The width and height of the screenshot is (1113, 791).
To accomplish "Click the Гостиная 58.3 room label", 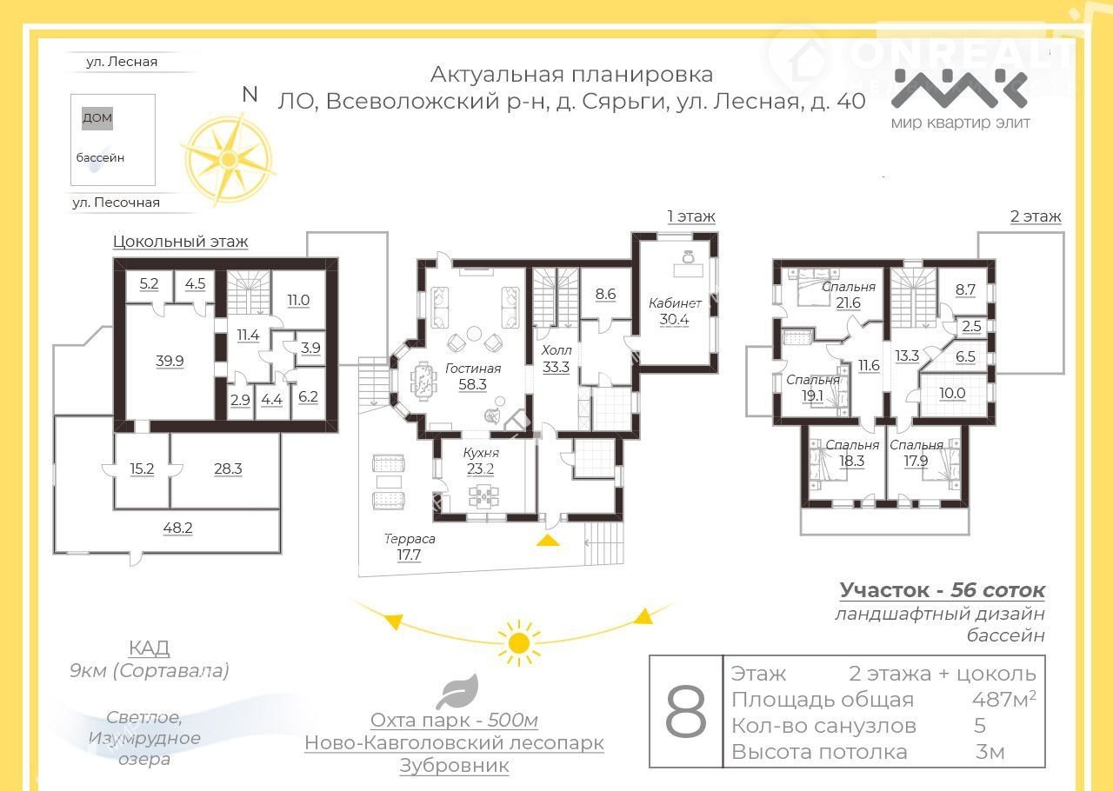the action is tap(472, 376).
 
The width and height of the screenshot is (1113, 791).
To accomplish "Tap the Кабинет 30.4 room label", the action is tap(675, 311).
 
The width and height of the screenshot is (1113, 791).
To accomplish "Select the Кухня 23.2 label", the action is tap(481, 461).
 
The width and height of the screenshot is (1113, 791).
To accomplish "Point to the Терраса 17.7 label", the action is tap(410, 547).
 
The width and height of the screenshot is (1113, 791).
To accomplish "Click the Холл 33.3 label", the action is tap(556, 359).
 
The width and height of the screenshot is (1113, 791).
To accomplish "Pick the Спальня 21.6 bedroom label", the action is tap(848, 295).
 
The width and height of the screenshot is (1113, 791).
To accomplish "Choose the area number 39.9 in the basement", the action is tap(170, 361).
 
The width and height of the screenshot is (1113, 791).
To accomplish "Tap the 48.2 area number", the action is tap(177, 528).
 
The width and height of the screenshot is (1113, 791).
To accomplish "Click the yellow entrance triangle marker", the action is tap(548, 540).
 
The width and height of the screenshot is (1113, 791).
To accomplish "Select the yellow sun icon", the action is tap(519, 643).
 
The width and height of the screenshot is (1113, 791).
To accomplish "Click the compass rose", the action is tap(228, 159).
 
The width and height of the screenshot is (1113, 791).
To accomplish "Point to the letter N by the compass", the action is tap(250, 95).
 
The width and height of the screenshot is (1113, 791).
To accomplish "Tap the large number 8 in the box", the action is tap(686, 711).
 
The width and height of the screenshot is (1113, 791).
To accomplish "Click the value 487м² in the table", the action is tap(1003, 700).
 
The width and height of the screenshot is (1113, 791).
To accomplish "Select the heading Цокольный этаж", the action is tap(180, 242).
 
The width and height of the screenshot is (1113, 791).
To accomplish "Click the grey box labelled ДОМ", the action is tap(97, 118).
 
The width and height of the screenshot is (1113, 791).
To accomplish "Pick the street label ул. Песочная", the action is tap(116, 203).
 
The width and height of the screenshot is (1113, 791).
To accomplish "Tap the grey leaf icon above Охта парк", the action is tap(457, 692).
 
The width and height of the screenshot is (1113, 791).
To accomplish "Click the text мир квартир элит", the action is tap(960, 123).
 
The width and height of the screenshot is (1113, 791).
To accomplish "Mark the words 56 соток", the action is tap(997, 590).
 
